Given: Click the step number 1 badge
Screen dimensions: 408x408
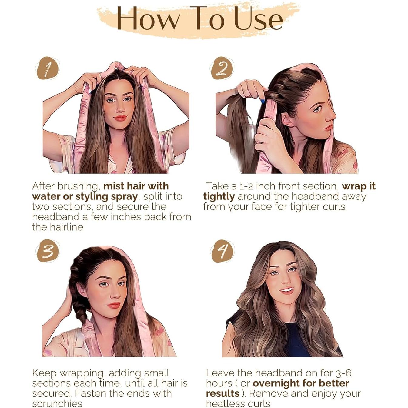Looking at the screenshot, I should pos(48,68).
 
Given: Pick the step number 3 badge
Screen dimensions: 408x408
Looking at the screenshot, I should pos(48,251).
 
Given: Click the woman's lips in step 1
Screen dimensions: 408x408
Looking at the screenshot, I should pos(120,118).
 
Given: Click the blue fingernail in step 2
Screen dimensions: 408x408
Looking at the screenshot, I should pos(263,101).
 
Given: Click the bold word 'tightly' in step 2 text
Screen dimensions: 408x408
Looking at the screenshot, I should pos(219,197).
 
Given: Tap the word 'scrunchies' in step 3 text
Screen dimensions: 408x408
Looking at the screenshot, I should pos(57,404).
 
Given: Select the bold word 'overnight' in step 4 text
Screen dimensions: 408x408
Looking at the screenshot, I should pos(276,383).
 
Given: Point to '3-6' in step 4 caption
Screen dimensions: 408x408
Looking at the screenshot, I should pos(343,373).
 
